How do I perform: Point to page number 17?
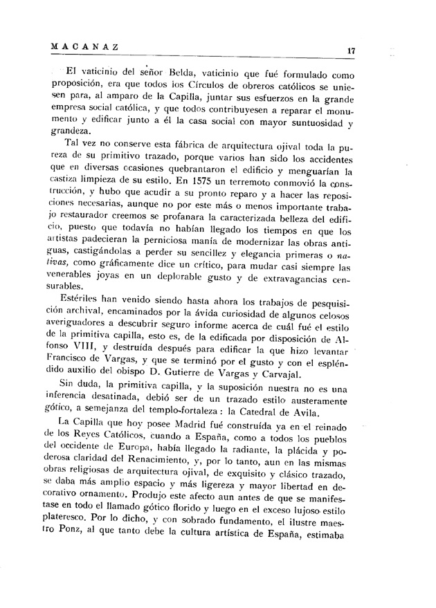pyautogui.click(x=352, y=50)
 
